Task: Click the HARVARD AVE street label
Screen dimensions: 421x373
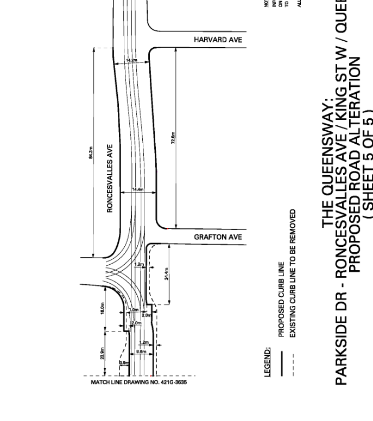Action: click(x=218, y=40)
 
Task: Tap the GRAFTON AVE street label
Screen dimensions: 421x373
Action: click(x=218, y=237)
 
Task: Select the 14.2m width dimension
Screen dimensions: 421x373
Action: click(x=132, y=60)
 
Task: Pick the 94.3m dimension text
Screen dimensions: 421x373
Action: click(x=91, y=153)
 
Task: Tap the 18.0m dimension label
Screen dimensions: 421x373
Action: click(x=102, y=308)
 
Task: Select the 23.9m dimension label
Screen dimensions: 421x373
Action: click(x=102, y=353)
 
